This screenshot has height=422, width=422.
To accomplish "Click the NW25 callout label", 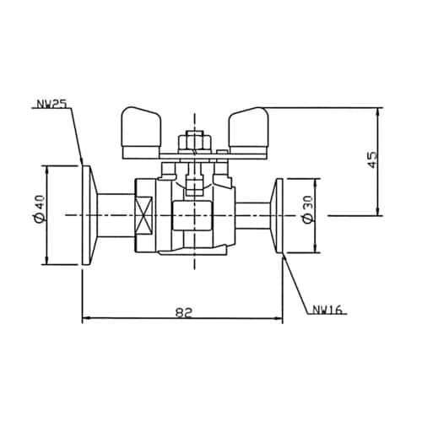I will (52, 105).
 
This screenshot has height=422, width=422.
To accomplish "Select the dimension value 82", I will (185, 311).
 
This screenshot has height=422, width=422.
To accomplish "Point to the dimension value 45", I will (372, 160).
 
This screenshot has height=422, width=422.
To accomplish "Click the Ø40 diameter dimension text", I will (37, 214).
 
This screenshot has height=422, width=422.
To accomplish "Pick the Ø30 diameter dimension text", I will (308, 215).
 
